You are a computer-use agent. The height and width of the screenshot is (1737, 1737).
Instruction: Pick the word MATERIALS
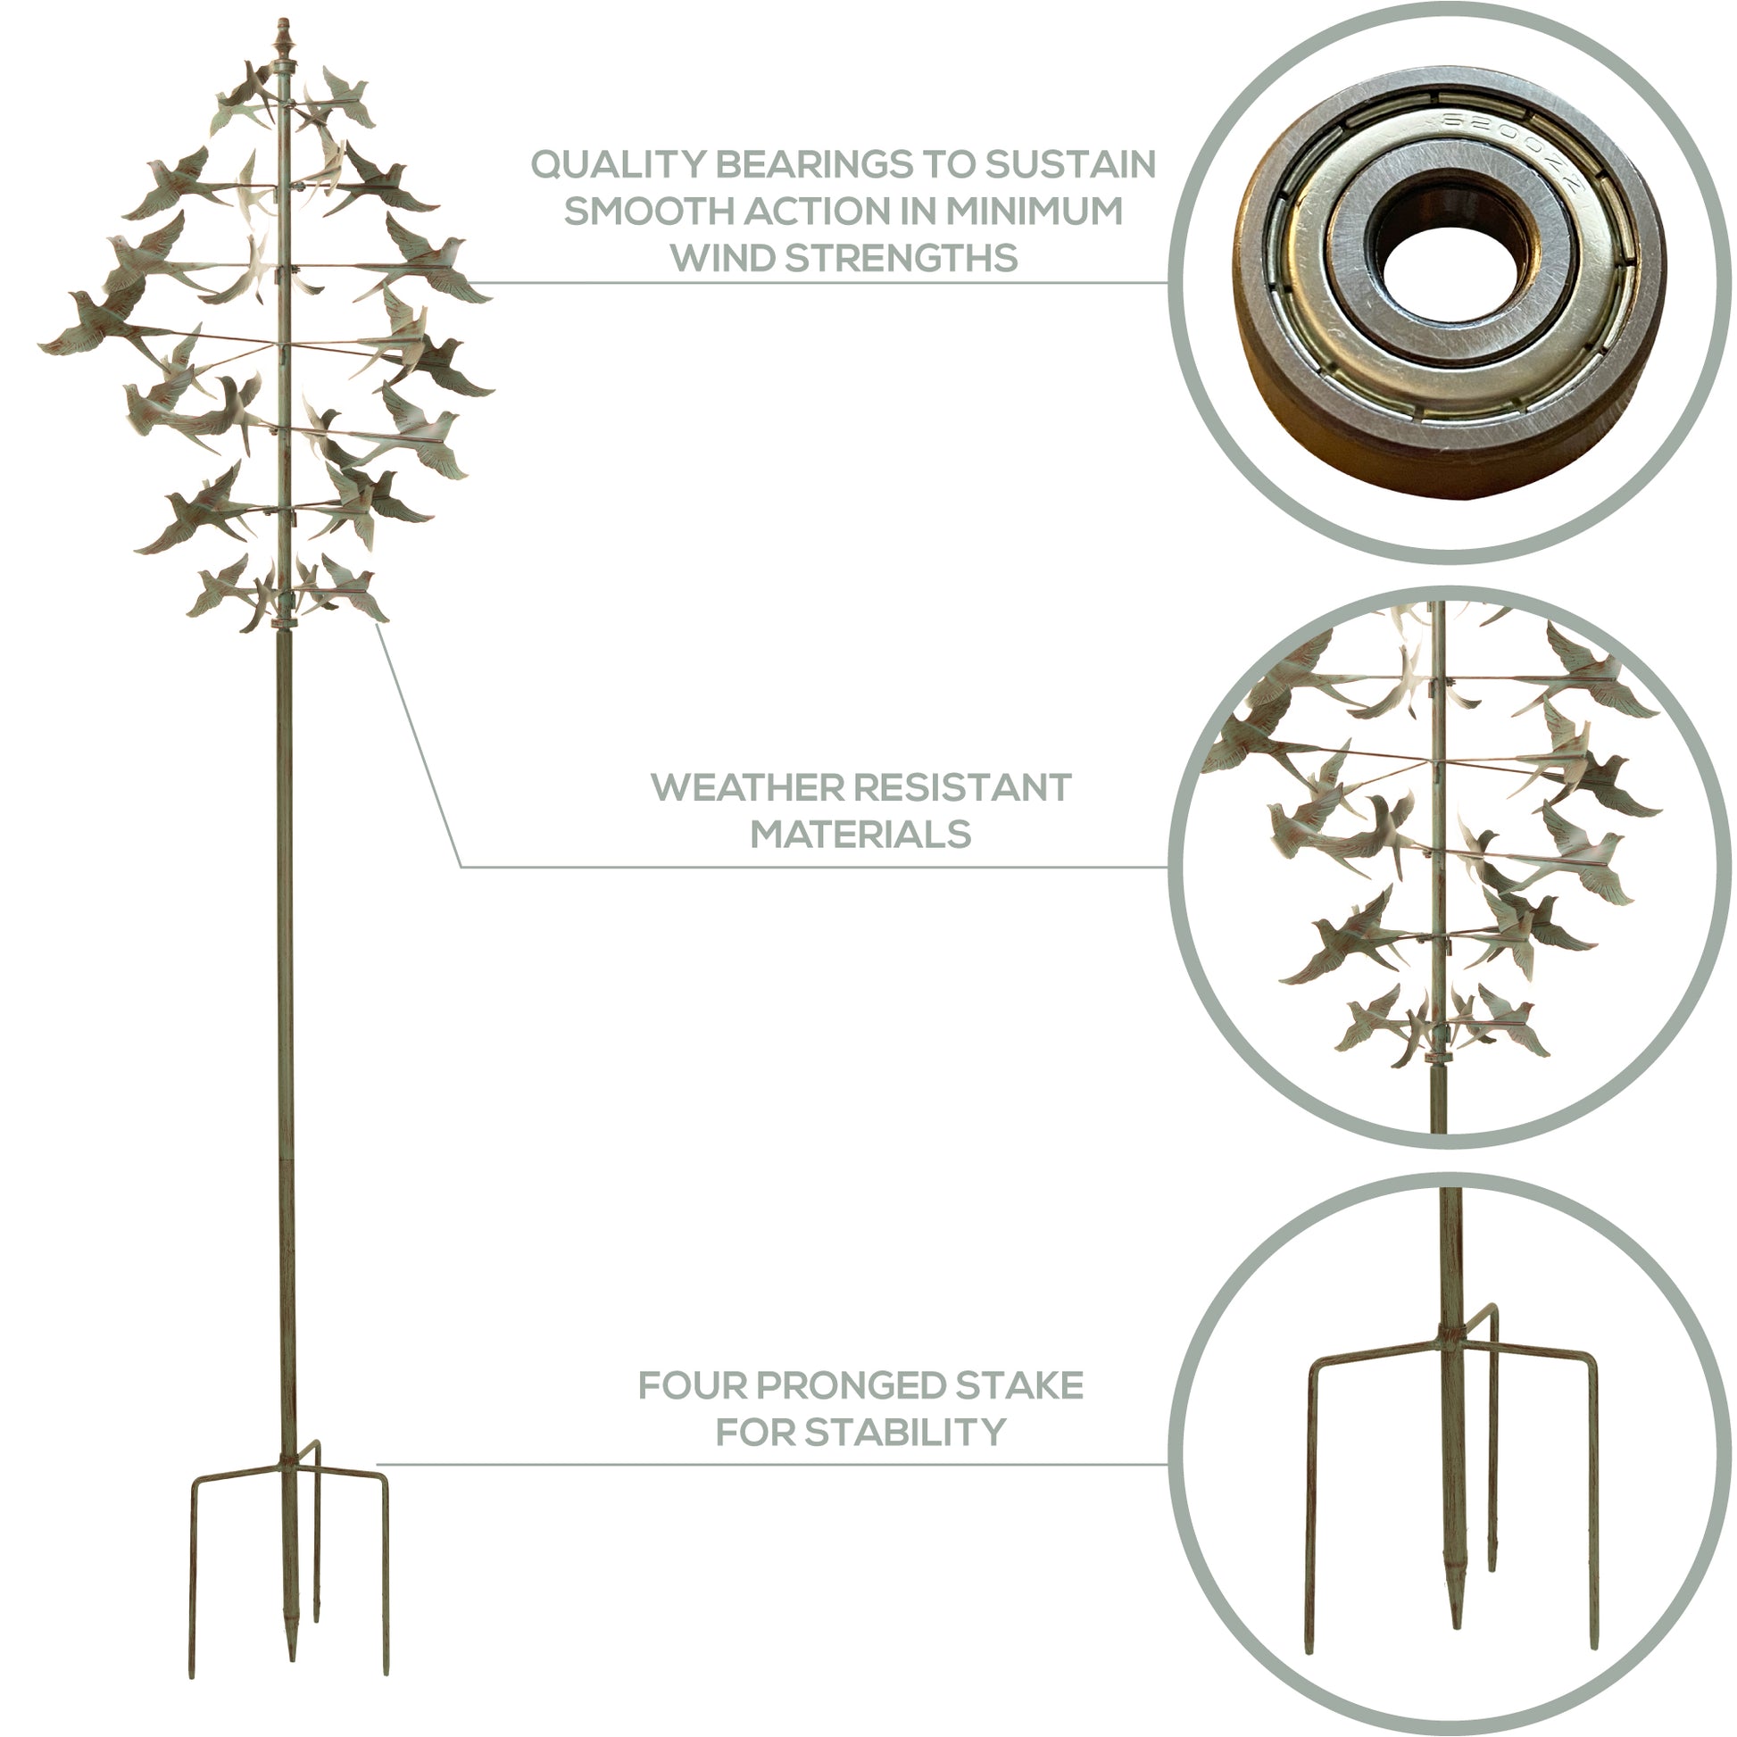click(x=860, y=835)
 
